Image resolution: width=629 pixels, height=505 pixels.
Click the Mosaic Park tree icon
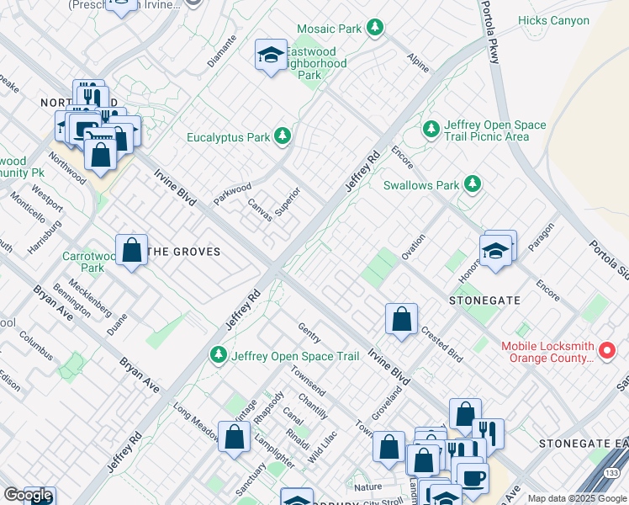coord(374,29)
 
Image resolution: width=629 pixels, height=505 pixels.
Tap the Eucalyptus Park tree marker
coord(283,136)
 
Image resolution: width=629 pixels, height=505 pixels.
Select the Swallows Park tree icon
coord(473,184)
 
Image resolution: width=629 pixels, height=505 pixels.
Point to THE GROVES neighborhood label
coord(183,252)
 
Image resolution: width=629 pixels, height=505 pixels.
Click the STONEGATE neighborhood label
coord(484,300)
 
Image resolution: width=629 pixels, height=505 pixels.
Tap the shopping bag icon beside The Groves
coord(132,250)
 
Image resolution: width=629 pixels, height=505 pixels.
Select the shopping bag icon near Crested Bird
coord(402,319)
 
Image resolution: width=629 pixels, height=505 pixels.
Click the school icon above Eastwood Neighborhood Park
coord(270,56)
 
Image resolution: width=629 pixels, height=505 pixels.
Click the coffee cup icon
coord(472,478)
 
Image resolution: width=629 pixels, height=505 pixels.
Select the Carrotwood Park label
coord(82,262)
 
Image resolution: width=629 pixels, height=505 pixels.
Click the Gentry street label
coord(309,332)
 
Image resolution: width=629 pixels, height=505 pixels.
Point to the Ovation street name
coord(413,247)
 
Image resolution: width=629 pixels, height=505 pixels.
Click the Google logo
coord(28,495)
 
